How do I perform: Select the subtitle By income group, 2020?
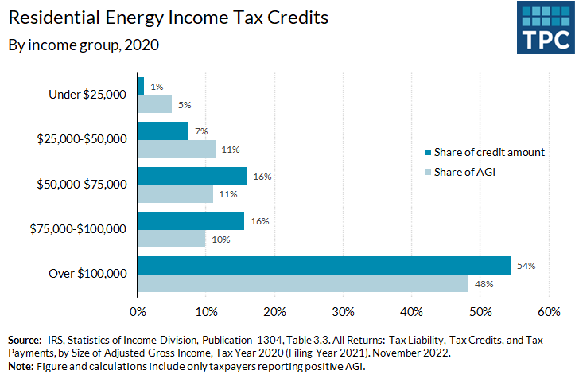point(84,45)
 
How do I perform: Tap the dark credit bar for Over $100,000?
point(324,265)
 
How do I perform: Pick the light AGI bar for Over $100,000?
point(303,283)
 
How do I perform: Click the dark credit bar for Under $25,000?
point(141,85)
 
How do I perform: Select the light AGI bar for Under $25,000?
point(154,103)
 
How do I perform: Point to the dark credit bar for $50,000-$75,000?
point(192,175)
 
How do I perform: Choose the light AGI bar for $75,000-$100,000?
point(172,238)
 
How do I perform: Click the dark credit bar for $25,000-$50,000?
point(163,131)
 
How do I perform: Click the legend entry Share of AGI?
point(466,172)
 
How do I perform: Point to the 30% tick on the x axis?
point(344,310)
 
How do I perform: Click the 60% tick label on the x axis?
point(550,310)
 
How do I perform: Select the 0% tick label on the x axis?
point(138,310)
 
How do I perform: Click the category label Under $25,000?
point(88,95)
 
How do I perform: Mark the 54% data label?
point(524,265)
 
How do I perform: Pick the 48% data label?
point(484,283)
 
